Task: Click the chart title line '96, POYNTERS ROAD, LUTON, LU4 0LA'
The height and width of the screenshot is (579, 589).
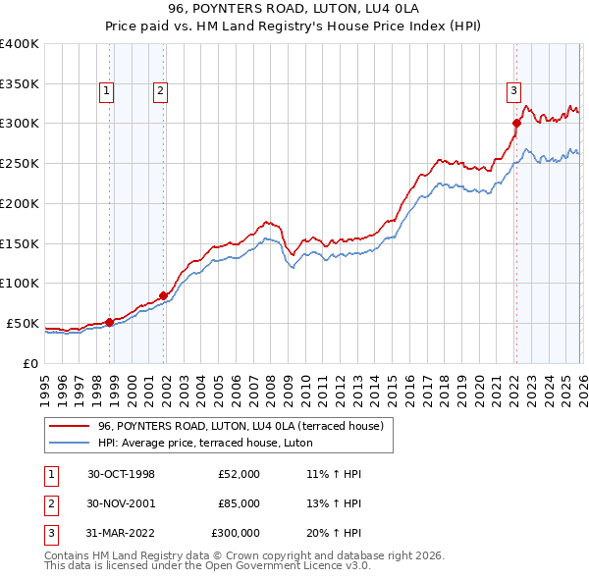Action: point(294,11)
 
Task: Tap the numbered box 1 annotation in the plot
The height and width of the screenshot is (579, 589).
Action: point(106,92)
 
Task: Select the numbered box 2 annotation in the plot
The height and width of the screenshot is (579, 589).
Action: point(159,92)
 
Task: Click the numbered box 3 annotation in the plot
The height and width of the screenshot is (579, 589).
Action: point(512,92)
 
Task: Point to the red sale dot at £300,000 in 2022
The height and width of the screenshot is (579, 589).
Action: point(516,123)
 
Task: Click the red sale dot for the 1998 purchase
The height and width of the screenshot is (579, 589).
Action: point(110,321)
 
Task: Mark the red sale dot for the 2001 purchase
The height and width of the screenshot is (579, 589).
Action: point(163,294)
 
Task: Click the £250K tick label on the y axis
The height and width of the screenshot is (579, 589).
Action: point(20,164)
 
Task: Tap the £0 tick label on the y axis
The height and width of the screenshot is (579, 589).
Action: point(29,363)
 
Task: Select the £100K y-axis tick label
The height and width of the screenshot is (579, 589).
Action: point(20,284)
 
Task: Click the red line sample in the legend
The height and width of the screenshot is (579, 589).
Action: point(71,426)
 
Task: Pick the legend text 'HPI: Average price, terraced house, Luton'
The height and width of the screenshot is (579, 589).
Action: point(204,443)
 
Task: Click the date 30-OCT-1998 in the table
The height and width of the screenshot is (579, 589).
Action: point(121,474)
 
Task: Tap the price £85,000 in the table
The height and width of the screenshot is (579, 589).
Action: point(239,503)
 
